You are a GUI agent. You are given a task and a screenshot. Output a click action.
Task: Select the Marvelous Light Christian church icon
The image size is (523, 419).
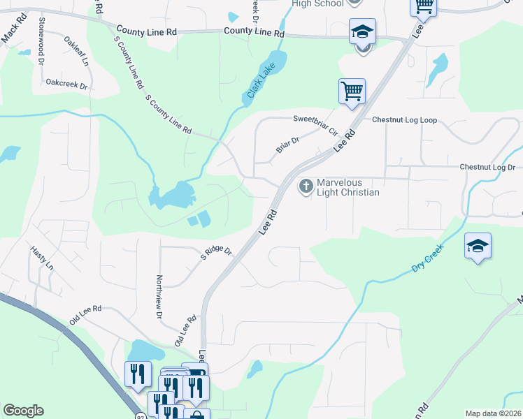click(x=306, y=186)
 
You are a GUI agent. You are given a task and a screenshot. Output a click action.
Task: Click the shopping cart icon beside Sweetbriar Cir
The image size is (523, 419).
click(x=352, y=91)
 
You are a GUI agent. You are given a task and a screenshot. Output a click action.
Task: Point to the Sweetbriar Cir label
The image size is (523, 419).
click(x=315, y=124)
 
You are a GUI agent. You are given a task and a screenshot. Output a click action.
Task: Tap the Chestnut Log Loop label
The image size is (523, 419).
click(x=404, y=120)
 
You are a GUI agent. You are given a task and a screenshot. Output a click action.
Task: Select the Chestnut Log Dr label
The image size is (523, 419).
click(x=487, y=168)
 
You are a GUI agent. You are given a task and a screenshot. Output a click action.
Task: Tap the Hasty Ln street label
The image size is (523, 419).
click(x=41, y=258)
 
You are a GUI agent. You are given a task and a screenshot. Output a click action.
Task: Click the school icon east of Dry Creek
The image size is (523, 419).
click(x=478, y=246)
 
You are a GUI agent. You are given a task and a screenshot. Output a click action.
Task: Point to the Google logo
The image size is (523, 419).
click(x=23, y=411)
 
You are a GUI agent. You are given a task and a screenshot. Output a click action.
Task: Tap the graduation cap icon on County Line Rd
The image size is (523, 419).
click(x=362, y=31)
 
